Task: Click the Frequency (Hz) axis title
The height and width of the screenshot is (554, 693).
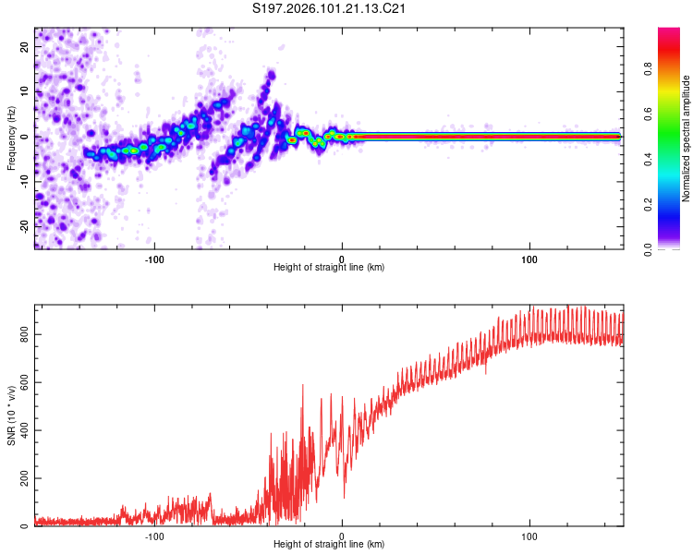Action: [12, 137]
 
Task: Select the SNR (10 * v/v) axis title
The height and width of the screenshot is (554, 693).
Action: [12, 415]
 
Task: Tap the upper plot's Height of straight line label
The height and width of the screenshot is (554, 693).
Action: [329, 267]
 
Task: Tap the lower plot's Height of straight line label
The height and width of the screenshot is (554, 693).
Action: [329, 546]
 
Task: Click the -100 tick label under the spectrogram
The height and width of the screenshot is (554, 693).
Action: [154, 258]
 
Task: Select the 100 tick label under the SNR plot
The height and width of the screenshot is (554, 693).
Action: [530, 536]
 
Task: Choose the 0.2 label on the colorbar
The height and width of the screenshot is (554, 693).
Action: [647, 205]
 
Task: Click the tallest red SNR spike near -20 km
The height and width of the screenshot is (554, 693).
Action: [303, 386]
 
